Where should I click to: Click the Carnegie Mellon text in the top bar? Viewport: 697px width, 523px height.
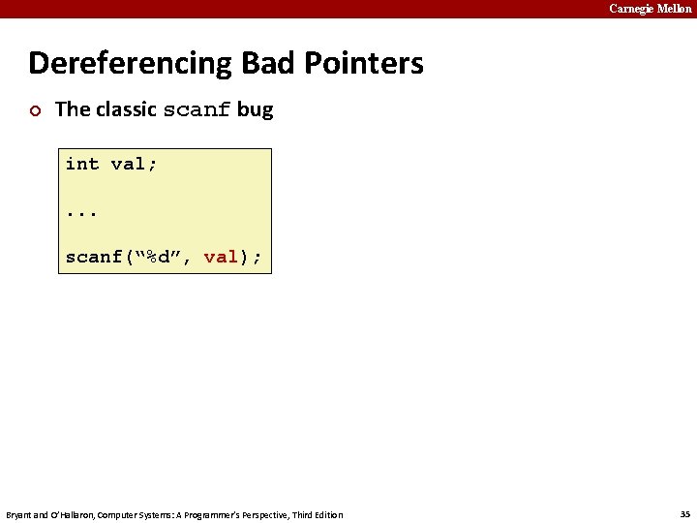click(x=650, y=9)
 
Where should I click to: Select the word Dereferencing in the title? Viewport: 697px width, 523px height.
click(x=131, y=64)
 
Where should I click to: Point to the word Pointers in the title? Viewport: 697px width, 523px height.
click(x=366, y=64)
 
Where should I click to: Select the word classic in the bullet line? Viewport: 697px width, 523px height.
click(x=126, y=109)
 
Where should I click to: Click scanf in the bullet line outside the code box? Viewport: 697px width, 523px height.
click(x=197, y=110)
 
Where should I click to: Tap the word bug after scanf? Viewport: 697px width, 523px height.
click(x=256, y=110)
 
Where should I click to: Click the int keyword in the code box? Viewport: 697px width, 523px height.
click(x=82, y=164)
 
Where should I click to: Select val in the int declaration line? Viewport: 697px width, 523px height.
click(x=129, y=164)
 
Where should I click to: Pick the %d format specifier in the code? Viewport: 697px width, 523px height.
click(x=159, y=257)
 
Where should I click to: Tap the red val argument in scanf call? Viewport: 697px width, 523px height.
click(x=221, y=257)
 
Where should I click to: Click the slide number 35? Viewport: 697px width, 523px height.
click(x=683, y=513)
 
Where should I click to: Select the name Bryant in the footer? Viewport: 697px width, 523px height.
click(x=19, y=514)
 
